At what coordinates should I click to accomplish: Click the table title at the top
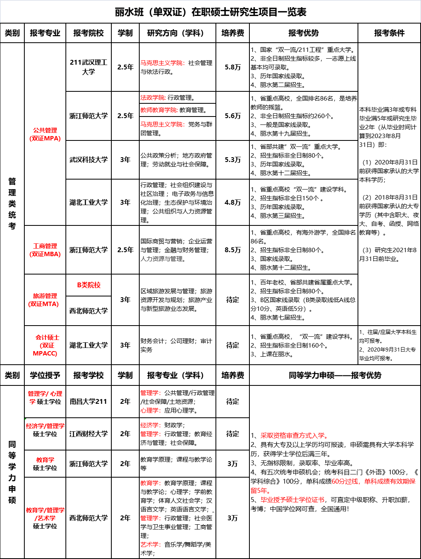coord(210,12)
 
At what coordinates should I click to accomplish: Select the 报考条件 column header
coord(389,33)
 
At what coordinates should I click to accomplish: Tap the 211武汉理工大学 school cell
coord(89,67)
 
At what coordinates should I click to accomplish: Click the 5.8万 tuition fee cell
coord(233,67)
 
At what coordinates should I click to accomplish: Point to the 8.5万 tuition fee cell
coord(233,250)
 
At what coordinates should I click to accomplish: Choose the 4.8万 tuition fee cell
coord(233,202)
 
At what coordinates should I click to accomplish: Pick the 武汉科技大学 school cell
coord(89,160)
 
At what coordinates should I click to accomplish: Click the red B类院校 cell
coord(89,285)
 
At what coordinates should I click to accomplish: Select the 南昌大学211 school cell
coord(89,401)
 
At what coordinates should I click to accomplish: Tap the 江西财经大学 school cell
coord(89,434)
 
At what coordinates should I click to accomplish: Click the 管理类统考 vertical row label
coord(12,203)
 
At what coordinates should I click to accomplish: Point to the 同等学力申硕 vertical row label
coord(12,472)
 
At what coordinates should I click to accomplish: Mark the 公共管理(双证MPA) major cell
coord(45,134)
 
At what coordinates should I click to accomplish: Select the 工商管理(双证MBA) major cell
coord(45,250)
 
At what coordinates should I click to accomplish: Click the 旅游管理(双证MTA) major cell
coord(45,300)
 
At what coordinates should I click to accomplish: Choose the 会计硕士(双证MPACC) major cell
coord(45,345)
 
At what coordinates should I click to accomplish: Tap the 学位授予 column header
coord(45,375)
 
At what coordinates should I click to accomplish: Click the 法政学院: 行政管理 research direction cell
coord(177,98)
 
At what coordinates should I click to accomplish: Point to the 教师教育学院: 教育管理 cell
coord(177,110)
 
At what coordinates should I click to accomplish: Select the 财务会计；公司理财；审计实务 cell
coord(177,345)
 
